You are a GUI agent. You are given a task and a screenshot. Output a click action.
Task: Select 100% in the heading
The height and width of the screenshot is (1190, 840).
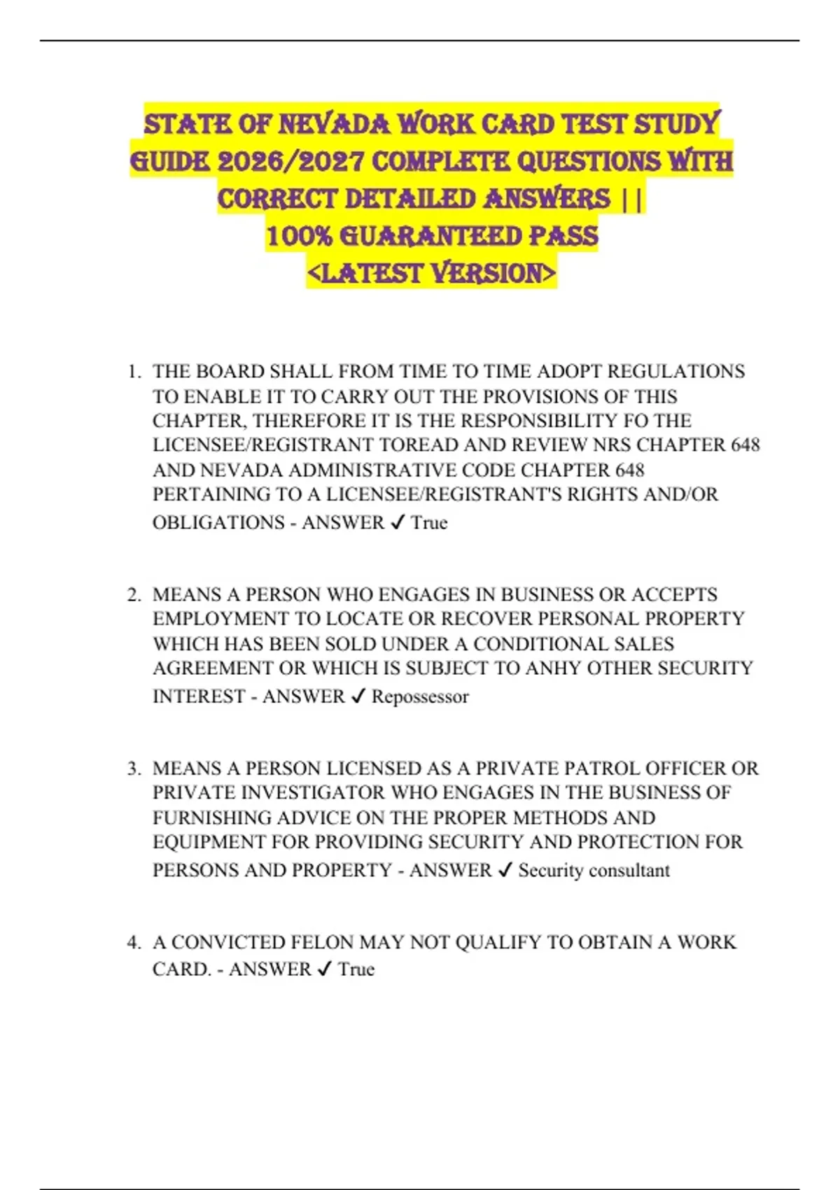click(299, 236)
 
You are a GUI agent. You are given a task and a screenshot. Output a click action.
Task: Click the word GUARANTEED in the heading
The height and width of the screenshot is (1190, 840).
click(430, 236)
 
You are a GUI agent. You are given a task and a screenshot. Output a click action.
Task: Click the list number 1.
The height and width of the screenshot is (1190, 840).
click(134, 372)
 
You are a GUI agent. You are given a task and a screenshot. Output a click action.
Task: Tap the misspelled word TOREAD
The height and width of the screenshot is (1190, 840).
click(413, 445)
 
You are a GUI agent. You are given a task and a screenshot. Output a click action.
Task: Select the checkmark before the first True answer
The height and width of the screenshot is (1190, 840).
click(397, 523)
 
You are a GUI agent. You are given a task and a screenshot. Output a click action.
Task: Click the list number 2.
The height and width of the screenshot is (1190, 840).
click(134, 595)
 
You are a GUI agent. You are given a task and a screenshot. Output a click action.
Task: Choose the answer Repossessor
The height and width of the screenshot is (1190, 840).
click(420, 697)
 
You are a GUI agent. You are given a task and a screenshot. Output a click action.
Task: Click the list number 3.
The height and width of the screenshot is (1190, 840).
click(134, 769)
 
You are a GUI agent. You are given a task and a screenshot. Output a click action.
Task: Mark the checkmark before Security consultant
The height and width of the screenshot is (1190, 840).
click(505, 871)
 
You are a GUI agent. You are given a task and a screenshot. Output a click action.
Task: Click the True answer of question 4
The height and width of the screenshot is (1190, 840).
click(356, 969)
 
